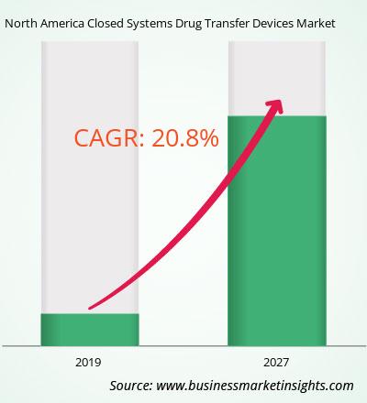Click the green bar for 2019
point(90,330)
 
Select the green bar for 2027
point(277,231)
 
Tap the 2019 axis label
point(88,363)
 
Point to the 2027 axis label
point(276,363)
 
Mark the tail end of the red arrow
point(90,308)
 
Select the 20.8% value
point(185,138)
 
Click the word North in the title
point(21,24)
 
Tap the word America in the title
point(62,24)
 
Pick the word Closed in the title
point(104,24)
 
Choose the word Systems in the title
point(148,25)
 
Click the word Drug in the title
point(187,25)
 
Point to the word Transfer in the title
point(225,24)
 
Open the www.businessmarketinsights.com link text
point(255,386)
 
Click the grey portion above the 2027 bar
point(277,79)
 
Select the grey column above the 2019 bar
point(90,178)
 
